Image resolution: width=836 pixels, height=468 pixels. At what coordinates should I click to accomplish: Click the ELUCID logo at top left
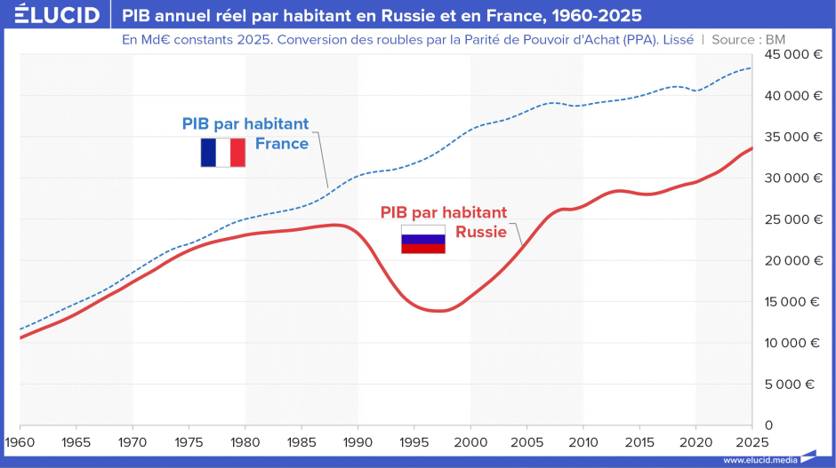click(57, 14)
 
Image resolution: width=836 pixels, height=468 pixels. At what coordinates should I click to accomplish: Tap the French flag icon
click(223, 152)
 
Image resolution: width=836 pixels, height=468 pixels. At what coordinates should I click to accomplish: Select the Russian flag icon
click(423, 239)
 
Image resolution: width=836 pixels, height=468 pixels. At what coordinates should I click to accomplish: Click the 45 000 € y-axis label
click(793, 54)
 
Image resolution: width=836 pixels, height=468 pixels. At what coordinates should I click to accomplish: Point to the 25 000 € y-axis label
click(793, 219)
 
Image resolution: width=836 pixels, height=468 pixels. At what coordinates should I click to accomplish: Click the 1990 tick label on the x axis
click(358, 442)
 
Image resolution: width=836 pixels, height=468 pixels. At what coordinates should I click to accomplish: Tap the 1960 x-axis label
click(20, 442)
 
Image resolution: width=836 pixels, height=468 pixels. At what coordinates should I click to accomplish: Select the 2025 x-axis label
click(752, 442)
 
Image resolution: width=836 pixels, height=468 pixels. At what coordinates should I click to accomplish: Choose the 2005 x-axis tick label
click(527, 442)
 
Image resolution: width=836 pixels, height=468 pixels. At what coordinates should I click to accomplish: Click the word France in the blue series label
click(282, 144)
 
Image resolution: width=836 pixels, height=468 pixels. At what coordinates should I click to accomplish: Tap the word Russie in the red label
click(480, 232)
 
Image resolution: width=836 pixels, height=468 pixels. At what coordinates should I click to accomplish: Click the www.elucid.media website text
click(760, 460)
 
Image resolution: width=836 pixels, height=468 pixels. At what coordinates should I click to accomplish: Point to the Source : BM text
click(749, 40)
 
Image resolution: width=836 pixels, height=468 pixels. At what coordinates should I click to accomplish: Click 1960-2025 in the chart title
click(597, 15)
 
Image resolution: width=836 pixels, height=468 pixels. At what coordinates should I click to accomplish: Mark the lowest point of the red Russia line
click(439, 311)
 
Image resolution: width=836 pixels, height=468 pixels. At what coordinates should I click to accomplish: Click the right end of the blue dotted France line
click(752, 68)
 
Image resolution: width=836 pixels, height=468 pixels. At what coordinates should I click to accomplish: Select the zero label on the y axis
click(768, 425)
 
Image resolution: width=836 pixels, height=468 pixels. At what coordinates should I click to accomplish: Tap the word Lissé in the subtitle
click(679, 40)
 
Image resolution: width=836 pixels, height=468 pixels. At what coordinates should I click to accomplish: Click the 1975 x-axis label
click(189, 442)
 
